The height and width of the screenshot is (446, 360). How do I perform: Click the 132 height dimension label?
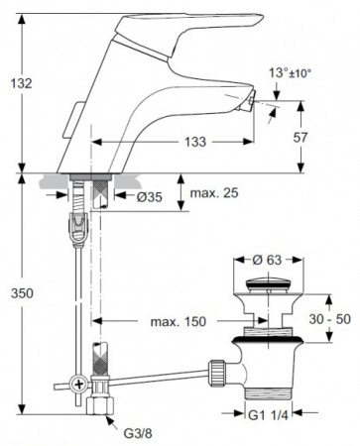coord(22,83)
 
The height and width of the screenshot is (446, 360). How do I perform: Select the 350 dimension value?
coord(22,293)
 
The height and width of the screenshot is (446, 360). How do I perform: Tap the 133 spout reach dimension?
coord(195,142)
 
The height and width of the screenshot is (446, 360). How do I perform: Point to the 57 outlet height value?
coord(300,138)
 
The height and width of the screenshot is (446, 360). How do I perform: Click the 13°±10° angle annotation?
coord(290,72)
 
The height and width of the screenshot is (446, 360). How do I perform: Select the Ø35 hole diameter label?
coord(150,197)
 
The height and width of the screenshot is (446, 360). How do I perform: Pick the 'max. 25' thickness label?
coord(214,192)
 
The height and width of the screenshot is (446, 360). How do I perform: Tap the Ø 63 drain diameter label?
coord(267,260)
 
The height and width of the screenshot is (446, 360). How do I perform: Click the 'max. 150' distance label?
coord(179,321)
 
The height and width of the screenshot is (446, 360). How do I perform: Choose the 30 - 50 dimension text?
coord(330,319)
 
